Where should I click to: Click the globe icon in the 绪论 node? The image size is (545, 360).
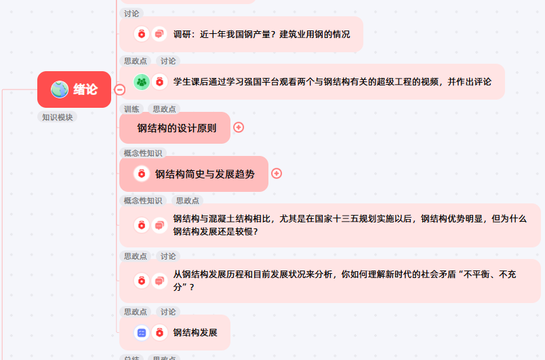coord(60,89)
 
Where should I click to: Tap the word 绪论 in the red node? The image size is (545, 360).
coord(85,89)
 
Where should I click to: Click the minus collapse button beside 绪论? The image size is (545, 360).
coord(120,89)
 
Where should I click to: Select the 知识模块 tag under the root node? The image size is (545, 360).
coord(58,117)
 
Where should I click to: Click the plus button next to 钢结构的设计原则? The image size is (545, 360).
coord(239,127)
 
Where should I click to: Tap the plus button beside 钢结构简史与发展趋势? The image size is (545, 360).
coord(277,174)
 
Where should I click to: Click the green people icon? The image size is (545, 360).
coord(142,81)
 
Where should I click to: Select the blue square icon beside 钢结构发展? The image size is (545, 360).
coord(142,332)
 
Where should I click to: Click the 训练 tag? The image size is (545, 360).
coord(132,108)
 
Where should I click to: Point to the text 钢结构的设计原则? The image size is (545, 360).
coord(177,127)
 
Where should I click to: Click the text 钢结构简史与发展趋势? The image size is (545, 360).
coord(205,174)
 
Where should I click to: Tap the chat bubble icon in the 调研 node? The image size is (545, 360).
coord(159,34)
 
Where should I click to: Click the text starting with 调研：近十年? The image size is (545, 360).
coord(266,34)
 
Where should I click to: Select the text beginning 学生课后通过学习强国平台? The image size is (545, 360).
coord(332,81)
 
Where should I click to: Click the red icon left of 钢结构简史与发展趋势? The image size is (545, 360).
coord(142,174)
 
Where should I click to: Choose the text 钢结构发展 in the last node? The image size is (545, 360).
coord(195,332)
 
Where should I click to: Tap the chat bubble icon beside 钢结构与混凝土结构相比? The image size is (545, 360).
coord(159,224)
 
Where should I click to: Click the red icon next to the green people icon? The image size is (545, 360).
coord(159,81)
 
